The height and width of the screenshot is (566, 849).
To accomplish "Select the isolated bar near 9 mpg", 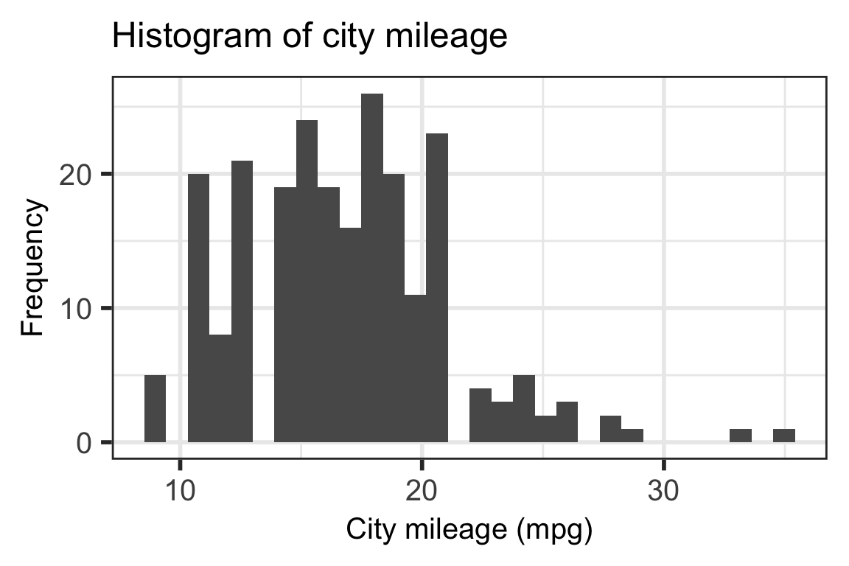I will click(155, 408).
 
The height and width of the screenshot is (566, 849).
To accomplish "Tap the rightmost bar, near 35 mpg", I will click(784, 435).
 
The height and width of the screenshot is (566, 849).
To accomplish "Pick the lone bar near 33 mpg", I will click(741, 435).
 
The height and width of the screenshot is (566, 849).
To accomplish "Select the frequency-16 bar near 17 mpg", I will click(350, 335).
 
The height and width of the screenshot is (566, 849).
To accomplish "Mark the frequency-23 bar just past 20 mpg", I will click(437, 287).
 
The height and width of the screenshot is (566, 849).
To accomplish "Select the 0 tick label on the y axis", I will click(85, 443).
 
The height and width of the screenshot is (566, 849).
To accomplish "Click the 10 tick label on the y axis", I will click(76, 309).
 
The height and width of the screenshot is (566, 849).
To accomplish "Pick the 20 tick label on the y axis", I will click(76, 175).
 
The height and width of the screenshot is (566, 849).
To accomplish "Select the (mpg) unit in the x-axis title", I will click(560, 530).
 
